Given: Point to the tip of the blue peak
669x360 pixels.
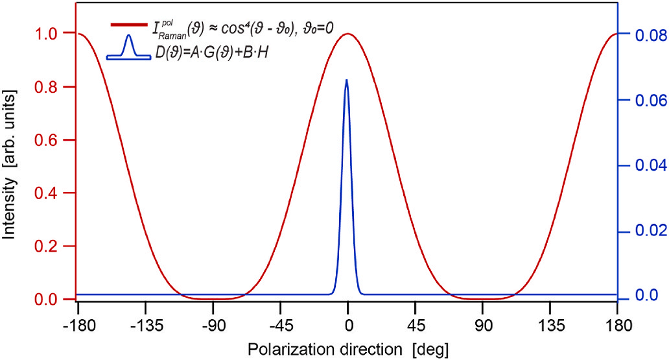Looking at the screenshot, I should coord(346,80).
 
